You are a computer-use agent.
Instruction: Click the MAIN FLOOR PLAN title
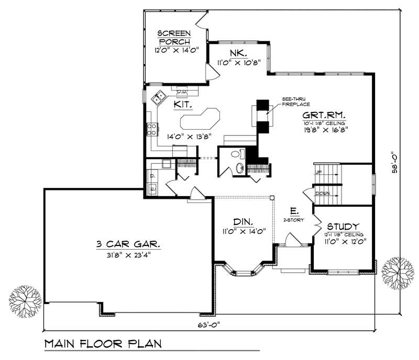tap(102, 344)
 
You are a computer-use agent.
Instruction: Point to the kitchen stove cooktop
tap(151, 129)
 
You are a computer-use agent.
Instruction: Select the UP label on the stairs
tap(318, 172)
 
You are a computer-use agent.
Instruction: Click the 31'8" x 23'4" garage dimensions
tap(128, 255)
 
